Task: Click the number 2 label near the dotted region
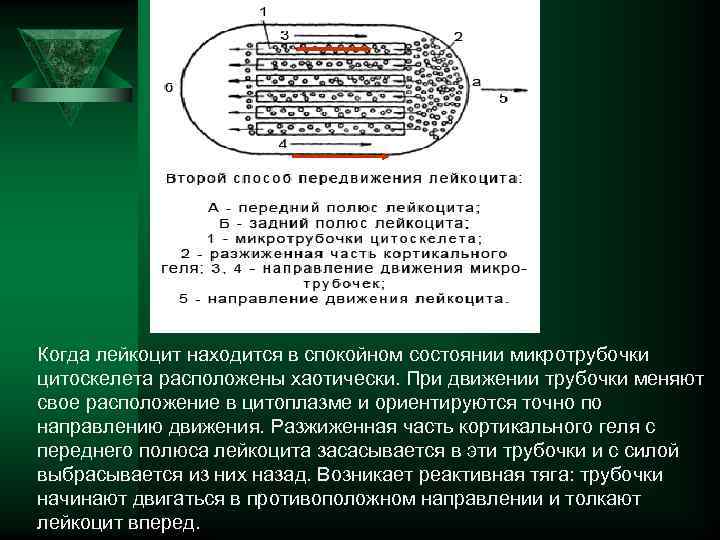458,36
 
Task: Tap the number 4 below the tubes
283,145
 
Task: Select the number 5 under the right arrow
503,99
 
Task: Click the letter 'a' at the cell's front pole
476,81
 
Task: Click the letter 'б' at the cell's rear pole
168,87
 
